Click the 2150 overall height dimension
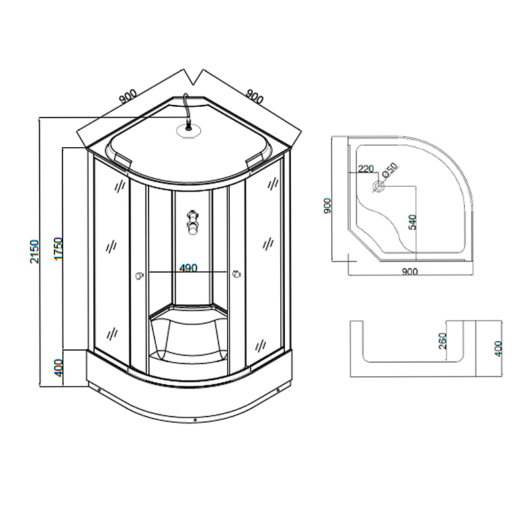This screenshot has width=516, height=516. click(34, 251)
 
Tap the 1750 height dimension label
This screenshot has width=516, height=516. click(58, 249)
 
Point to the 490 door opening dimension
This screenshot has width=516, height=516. click(188, 268)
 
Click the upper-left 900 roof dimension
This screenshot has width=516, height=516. click(128, 97)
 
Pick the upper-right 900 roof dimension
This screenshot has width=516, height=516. click(255, 95)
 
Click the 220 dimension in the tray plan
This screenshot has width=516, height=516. click(365, 169)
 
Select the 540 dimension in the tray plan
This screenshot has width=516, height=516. click(413, 222)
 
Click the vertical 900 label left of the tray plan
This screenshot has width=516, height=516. click(327, 206)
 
